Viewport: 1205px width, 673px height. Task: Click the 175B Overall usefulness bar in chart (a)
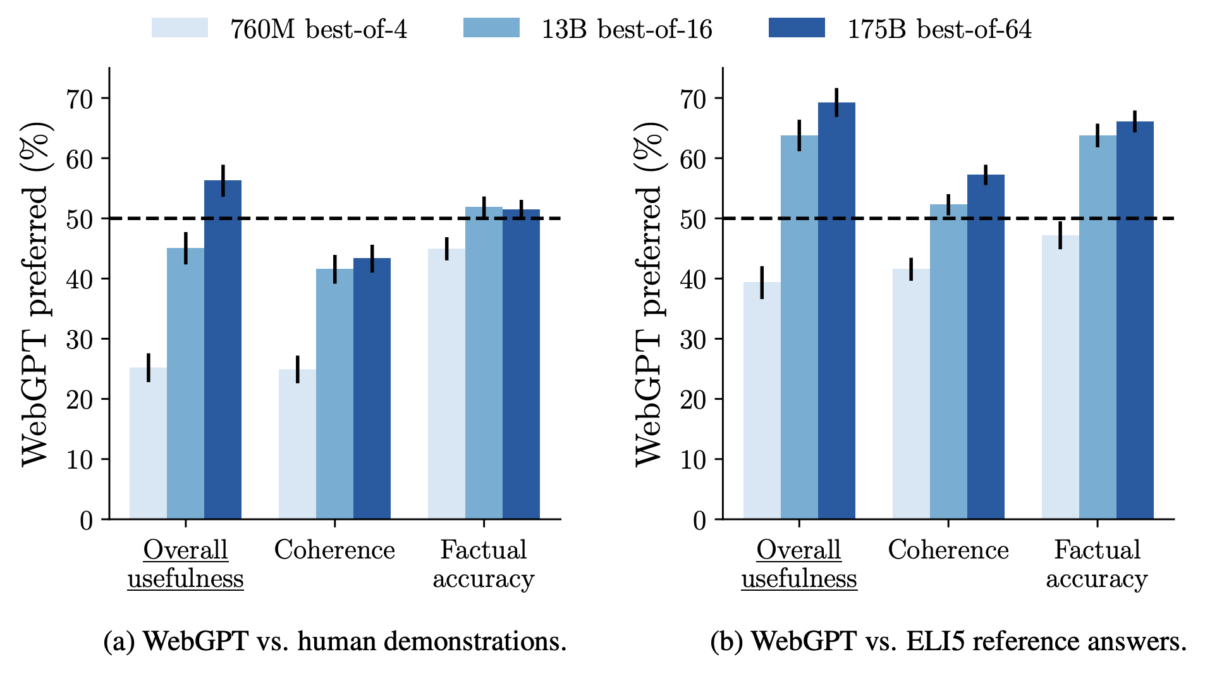223,354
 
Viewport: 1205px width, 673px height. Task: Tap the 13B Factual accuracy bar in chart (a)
484,367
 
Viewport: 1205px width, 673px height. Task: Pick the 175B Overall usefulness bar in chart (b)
836,316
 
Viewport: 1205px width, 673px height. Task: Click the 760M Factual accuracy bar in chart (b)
1060,380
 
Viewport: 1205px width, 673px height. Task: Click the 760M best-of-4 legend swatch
180,28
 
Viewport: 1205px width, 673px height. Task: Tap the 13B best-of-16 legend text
626,29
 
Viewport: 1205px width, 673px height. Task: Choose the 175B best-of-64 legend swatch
797,28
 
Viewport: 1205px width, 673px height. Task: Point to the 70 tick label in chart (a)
79,99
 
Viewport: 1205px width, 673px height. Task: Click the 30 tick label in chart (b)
693,340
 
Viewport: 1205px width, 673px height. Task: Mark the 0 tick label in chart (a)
86,521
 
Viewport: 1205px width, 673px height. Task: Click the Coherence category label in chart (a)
334,550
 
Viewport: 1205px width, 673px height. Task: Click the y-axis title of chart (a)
35,294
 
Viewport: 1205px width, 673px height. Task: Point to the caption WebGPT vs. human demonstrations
334,641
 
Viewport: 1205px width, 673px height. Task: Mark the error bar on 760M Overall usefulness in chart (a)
149,367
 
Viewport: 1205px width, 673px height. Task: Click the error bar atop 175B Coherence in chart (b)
986,175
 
